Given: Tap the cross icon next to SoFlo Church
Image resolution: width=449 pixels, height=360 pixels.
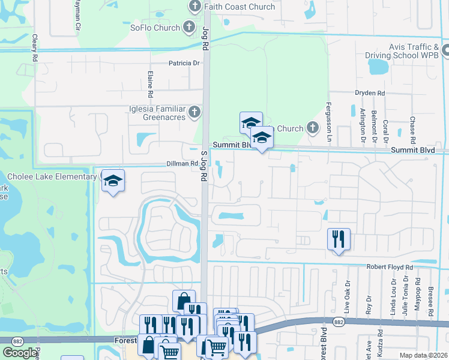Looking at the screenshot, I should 189,27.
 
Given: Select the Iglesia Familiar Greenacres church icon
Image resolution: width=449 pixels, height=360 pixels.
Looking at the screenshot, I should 194,112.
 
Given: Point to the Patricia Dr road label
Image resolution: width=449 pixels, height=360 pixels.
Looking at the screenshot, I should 184,63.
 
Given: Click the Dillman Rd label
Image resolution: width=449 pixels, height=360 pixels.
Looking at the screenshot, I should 182,164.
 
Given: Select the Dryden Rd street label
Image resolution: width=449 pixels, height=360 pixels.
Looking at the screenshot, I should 369,93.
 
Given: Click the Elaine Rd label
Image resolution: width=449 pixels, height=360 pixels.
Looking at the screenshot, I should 150,84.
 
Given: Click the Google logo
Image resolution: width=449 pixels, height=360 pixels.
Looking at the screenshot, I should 20,353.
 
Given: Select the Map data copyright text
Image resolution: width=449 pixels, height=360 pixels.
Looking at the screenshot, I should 423,355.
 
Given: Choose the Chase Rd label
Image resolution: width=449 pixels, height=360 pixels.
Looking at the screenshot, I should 413,127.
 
